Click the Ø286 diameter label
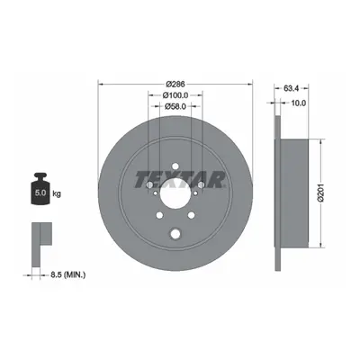(175, 84)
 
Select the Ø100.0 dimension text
(175, 95)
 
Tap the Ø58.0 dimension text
(175, 106)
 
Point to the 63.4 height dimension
(291, 88)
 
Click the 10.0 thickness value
(299, 103)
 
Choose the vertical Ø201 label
(321, 193)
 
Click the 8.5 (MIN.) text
(67, 274)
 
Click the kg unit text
(57, 193)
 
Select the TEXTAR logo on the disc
(180, 179)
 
